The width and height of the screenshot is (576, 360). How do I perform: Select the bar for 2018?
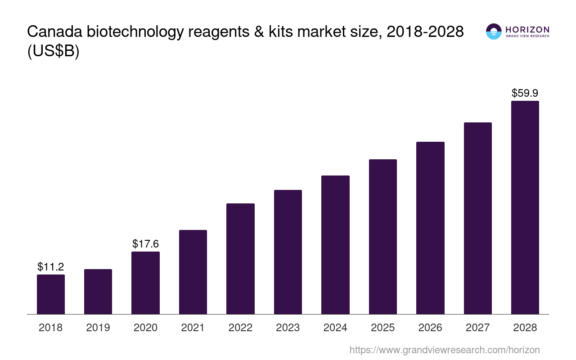point(51,294)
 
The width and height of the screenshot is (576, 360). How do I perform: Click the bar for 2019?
point(98,292)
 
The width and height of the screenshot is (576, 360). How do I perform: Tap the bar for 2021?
point(193,272)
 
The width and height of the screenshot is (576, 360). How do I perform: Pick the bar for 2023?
point(288,252)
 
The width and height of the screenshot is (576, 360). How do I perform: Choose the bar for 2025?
point(383,237)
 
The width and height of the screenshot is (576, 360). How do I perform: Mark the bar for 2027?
point(478,218)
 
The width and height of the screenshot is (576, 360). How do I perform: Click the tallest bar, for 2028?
point(525,207)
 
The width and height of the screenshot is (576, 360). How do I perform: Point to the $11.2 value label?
point(51,267)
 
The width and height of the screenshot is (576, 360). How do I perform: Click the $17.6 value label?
point(145,244)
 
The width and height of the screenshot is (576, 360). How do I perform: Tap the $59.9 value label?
point(525,93)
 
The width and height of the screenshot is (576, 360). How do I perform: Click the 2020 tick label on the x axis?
point(145,328)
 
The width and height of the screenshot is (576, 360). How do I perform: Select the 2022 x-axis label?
point(240,328)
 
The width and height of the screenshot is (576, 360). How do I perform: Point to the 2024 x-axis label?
point(335,328)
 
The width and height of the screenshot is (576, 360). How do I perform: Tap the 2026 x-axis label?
point(430,328)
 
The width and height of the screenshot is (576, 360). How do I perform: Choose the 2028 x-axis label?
point(525,328)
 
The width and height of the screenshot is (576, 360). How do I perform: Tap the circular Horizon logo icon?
point(494,31)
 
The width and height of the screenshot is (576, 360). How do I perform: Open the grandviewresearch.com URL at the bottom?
point(445,350)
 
